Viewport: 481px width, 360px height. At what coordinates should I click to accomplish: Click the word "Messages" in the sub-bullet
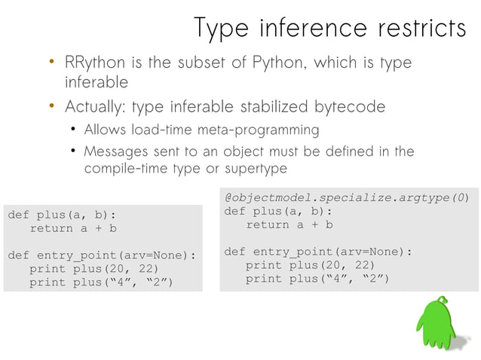point(115,151)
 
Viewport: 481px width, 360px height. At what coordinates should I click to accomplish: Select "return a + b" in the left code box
point(73,228)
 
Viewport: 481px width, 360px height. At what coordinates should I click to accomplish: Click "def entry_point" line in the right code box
point(318,252)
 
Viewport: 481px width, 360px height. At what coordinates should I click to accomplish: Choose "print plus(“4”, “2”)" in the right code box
point(317,279)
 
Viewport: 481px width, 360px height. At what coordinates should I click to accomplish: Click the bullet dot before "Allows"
point(73,130)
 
